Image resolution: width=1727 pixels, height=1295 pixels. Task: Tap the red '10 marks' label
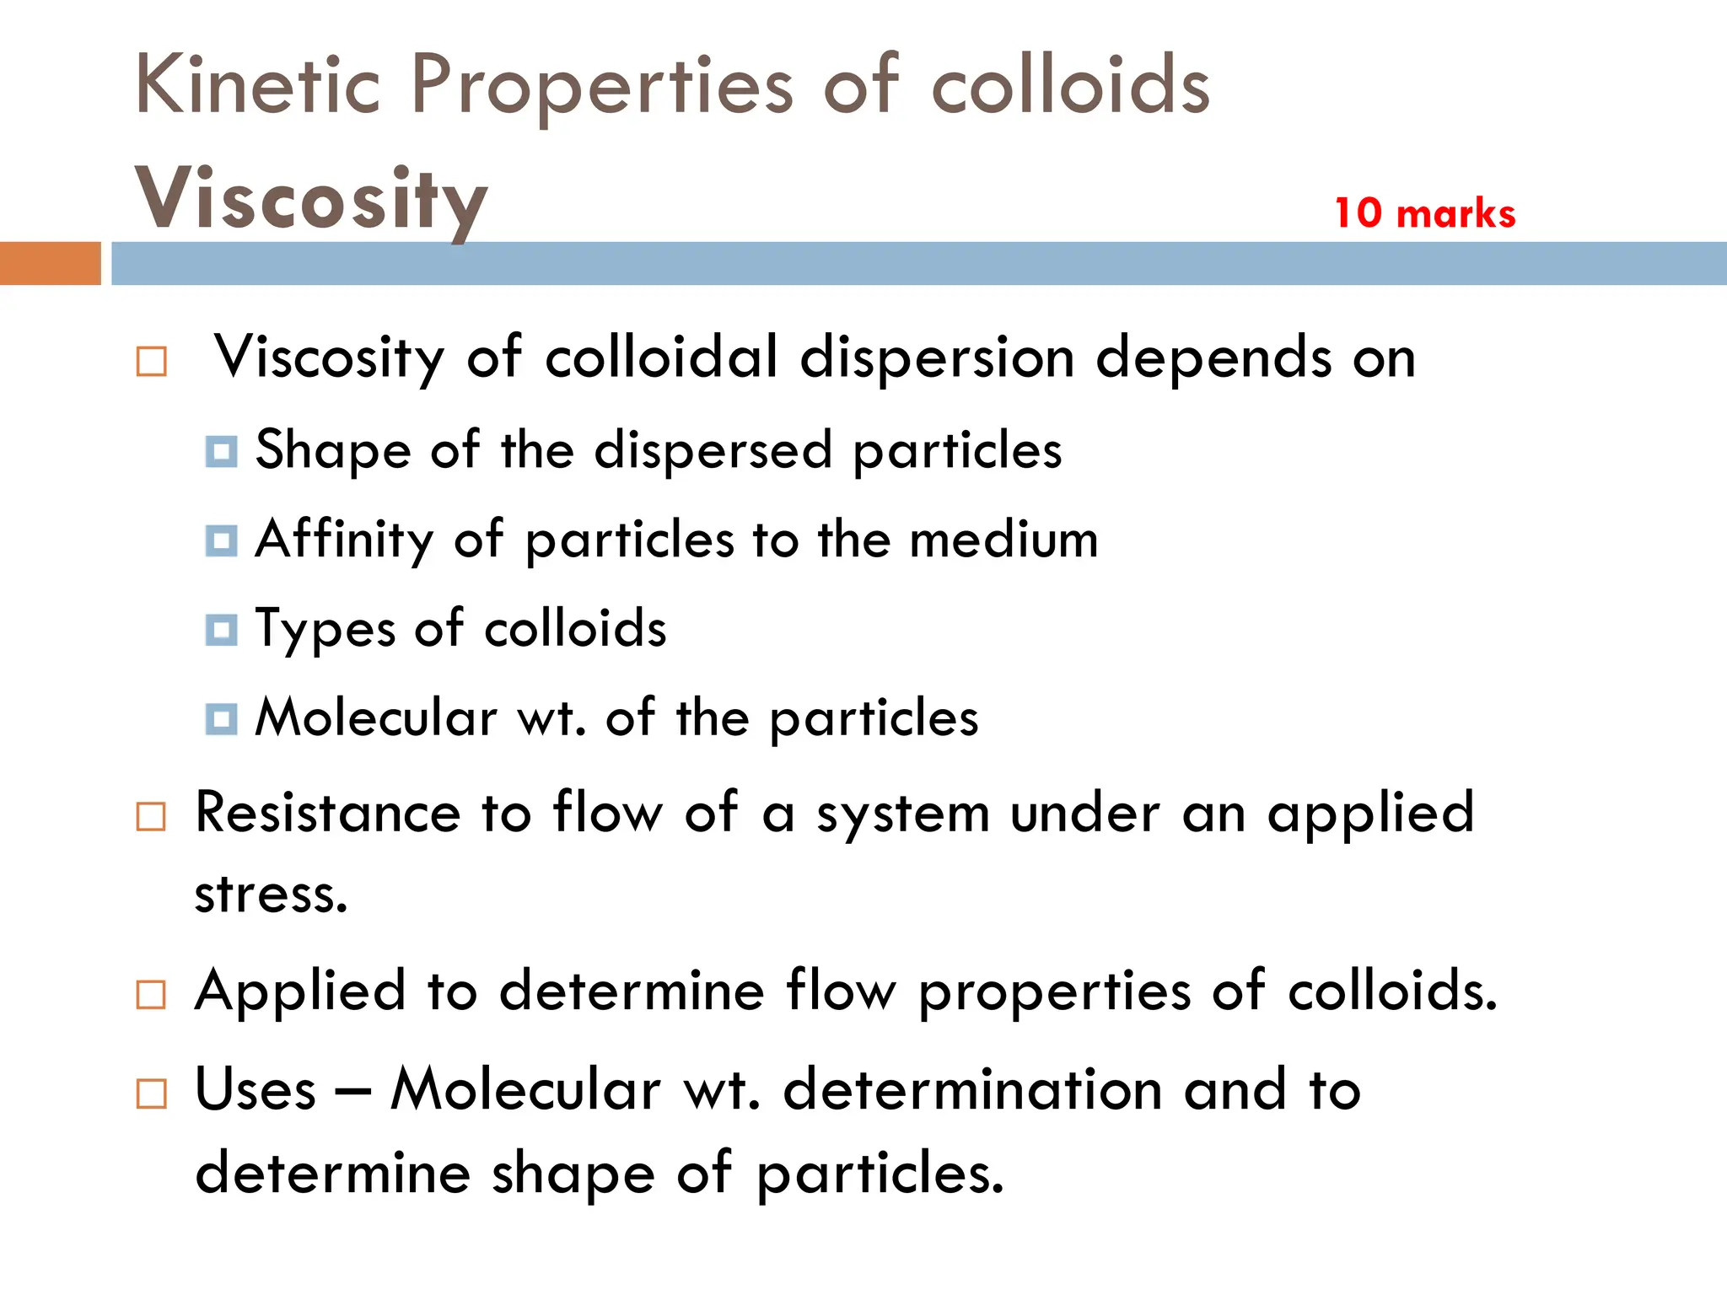coord(1424,213)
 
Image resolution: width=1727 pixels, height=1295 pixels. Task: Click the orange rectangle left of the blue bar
coord(50,263)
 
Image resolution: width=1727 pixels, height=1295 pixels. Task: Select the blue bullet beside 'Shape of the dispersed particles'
coord(221,452)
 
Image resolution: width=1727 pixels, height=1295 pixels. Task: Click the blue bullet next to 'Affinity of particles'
coord(221,540)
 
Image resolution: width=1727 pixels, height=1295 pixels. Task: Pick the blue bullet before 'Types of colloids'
coord(221,630)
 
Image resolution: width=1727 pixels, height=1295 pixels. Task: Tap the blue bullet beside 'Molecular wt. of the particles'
coord(221,719)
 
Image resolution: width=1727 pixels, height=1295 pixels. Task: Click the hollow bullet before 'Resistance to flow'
coord(151,816)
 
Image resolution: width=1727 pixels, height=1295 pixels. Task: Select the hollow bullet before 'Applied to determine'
coord(151,995)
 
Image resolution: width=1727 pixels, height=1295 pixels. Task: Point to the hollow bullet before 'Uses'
coord(151,1093)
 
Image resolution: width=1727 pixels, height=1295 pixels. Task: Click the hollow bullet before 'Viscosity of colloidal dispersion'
coord(151,362)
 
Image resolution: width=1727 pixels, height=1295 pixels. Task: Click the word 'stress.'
coord(271,895)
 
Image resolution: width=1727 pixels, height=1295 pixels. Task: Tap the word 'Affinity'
coord(344,539)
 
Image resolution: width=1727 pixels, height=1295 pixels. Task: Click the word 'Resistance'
coord(327,813)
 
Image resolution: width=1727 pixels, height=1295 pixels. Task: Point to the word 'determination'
coord(972,1089)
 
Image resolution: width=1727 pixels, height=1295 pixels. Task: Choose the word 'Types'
coord(325,630)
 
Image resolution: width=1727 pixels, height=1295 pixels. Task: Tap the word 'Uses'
coord(256,1089)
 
